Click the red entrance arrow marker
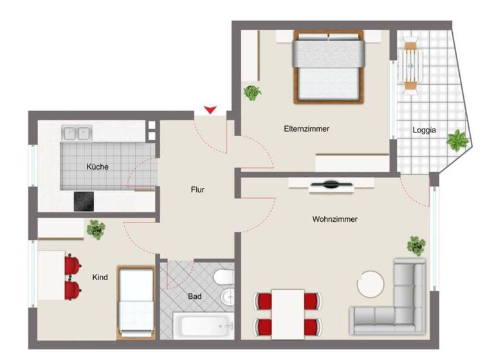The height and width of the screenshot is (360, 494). coord(210,110)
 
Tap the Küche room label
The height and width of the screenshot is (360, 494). coord(98,166)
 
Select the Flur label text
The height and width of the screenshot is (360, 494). coord(197,190)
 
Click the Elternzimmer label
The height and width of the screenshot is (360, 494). coord(306,129)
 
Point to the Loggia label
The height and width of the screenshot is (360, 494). coord(425,130)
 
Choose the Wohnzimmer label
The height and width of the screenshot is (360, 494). coord(334,219)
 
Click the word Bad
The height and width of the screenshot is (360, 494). coord(194,296)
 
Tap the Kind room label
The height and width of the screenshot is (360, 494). coord(100,277)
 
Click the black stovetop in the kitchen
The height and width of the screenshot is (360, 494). coord(84,201)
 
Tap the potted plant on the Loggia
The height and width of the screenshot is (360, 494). coord(457,139)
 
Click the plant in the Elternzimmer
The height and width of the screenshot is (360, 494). coord(252,93)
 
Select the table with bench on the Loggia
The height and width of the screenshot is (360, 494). coord(411,64)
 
